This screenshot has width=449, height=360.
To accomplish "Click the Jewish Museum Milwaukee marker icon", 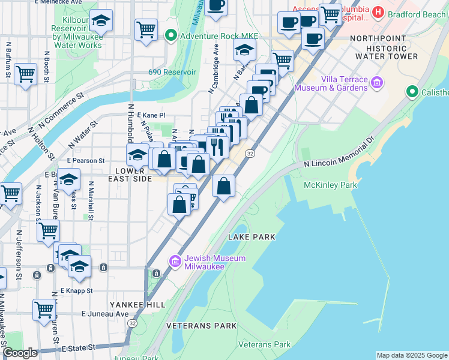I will point(175,261).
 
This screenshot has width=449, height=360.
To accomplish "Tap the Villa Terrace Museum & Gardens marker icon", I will point(377,82).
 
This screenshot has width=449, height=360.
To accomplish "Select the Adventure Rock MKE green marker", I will point(170,36).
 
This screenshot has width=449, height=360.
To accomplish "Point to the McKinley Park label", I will point(330,185).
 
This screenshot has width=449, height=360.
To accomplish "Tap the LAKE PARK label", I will point(252,237).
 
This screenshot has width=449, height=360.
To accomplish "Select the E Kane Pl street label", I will point(151,115).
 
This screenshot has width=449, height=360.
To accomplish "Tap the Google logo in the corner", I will point(20,353).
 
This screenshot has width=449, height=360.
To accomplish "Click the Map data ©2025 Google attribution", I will point(412,355).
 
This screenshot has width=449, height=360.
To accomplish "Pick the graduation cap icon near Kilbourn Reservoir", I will point(101,20).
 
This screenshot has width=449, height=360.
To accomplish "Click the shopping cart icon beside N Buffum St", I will point(25,74).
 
